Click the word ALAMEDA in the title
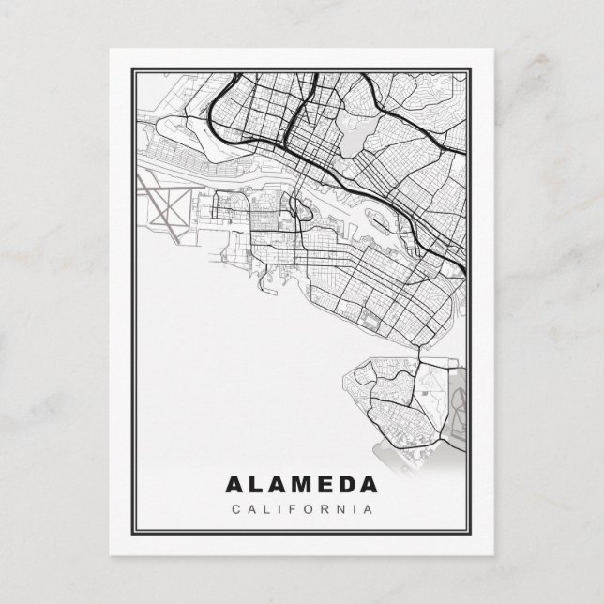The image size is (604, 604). pos(302,486)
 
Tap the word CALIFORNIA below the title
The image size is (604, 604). pos(302,509)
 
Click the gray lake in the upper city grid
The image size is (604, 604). pos(352,141)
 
